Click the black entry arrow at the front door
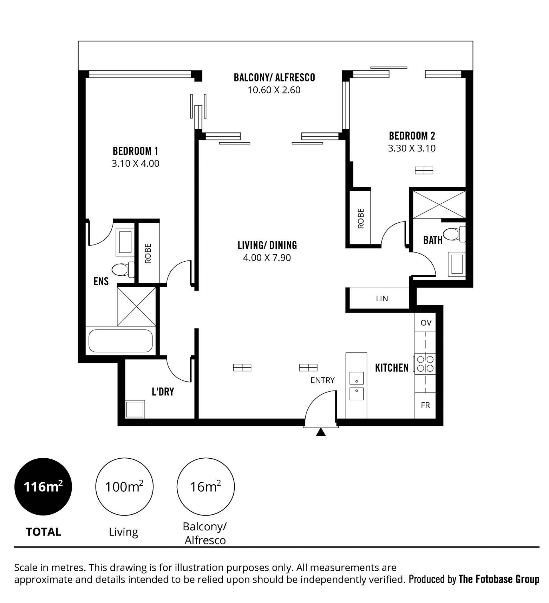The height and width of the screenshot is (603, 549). tap(321, 432)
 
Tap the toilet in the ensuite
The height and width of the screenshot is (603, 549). tap(123, 269)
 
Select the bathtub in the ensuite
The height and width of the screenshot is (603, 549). tap(121, 341)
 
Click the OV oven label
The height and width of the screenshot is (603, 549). tap(426, 323)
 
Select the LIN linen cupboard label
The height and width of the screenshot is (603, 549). tap(382, 298)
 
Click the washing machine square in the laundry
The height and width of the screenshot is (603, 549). tap(135, 409)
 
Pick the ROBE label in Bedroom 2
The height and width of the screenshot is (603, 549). tap(361, 219)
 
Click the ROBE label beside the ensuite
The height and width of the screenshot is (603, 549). tap(148, 253)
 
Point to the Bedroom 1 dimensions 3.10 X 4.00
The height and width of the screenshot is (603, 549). tap(135, 164)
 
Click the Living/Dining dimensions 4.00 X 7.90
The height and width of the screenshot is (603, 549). tap(267, 258)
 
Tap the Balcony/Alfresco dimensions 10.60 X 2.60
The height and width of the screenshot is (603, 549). tap(274, 90)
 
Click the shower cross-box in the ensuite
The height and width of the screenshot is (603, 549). tap(136, 306)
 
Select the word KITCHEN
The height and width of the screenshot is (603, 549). tap(392, 368)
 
